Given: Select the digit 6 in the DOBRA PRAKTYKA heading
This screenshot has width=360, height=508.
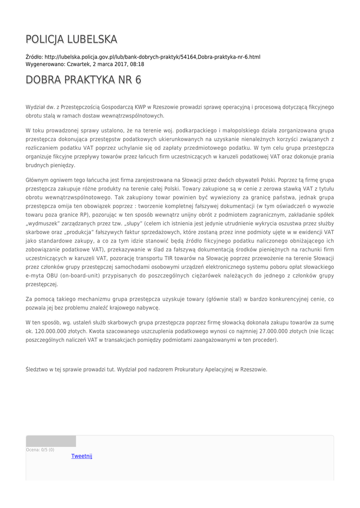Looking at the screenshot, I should click(138, 80).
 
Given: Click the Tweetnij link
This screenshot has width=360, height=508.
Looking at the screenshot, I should click(82, 456).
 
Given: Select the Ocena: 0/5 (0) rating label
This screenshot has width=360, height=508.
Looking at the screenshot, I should click(40, 450).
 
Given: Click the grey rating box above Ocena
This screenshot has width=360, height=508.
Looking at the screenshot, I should click(51, 441).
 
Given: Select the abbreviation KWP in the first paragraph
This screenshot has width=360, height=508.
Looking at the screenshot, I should click(128, 107).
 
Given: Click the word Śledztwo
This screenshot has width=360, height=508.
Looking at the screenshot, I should click(37, 369).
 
